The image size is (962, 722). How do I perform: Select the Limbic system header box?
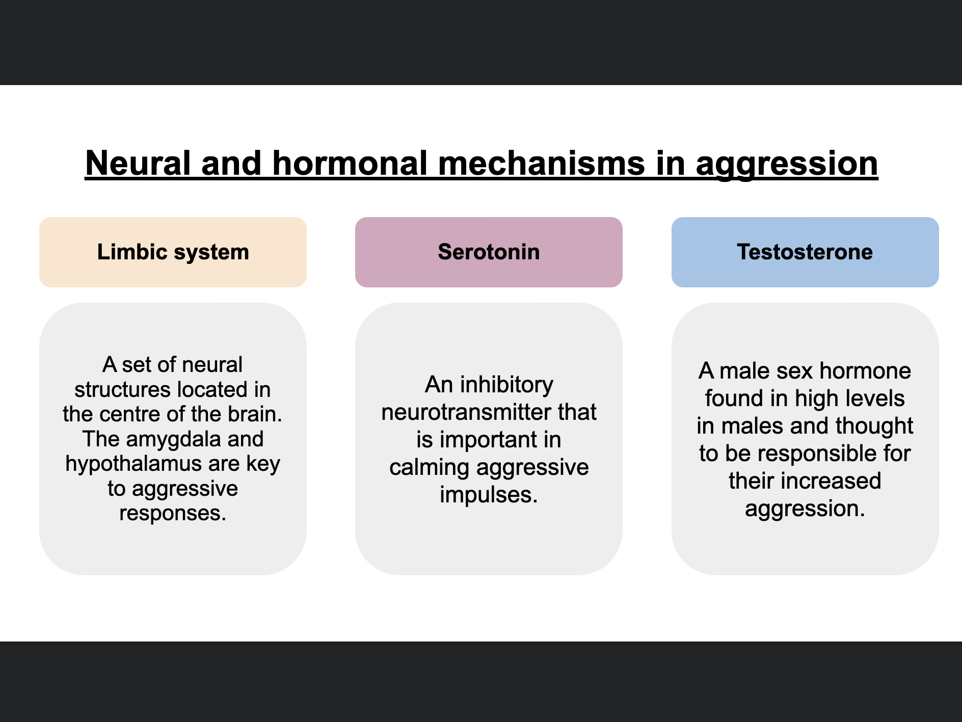coord(173,252)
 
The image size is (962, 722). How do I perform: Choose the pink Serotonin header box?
coord(489,252)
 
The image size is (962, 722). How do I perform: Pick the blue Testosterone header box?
coord(805,252)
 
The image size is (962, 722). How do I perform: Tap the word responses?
coord(173,513)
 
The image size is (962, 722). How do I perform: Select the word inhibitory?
coord(506,385)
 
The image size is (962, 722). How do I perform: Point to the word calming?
coord(429,467)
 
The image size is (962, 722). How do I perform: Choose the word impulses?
coord(489,495)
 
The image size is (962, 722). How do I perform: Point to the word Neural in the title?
coord(138,164)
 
